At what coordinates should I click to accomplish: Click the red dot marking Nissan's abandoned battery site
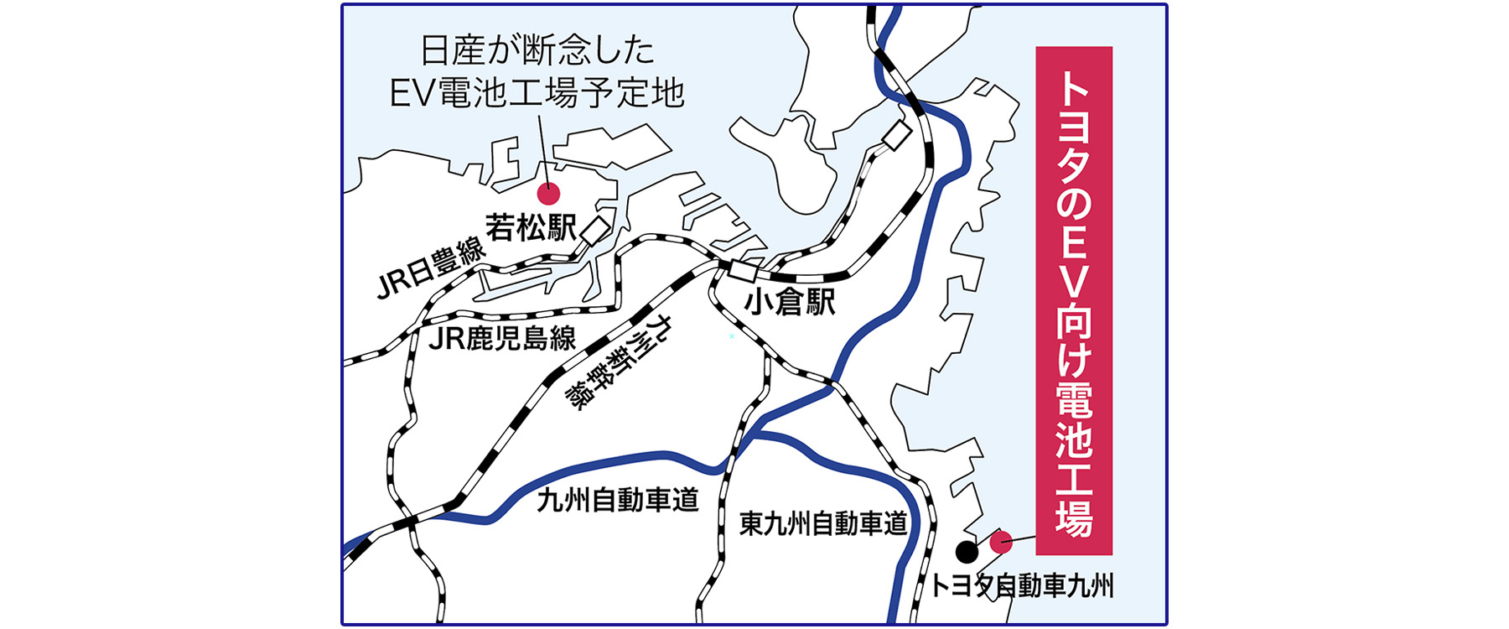548,194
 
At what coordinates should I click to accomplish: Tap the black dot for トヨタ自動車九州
967,552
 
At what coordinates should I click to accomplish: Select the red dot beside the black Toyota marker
1001,542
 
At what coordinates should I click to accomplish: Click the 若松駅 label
532,227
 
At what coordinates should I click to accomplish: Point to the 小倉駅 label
790,301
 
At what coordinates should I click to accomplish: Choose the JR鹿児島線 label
502,338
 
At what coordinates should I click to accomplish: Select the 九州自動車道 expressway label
617,500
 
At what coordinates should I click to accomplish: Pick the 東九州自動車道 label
823,524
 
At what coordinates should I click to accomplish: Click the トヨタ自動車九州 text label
1022,585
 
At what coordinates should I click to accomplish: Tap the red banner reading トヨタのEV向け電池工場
1074,300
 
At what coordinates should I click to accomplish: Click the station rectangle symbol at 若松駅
596,231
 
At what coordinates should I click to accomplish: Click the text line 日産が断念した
537,52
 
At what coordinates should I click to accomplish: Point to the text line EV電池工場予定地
537,93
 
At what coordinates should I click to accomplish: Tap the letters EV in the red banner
1074,268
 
